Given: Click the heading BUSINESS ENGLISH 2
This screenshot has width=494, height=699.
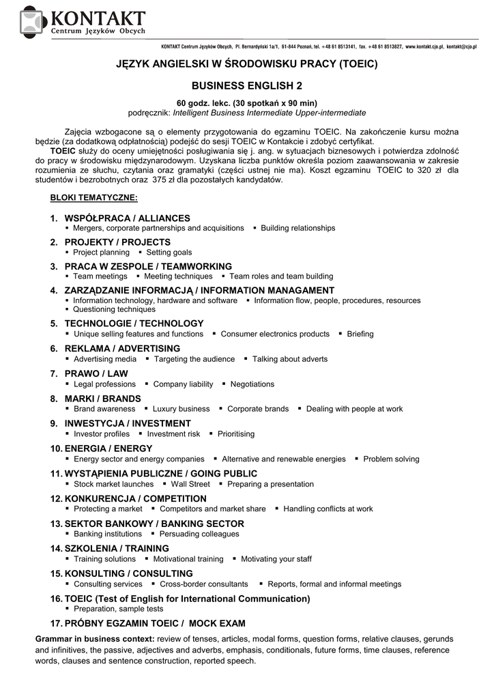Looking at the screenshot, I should pyautogui.click(x=246, y=86).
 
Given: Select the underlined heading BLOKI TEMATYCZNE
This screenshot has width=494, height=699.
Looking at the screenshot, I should pyautogui.click(x=94, y=197).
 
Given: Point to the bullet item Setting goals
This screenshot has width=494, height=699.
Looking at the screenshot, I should pyautogui.click(x=169, y=252).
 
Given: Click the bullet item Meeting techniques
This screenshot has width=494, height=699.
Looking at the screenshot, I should pyautogui.click(x=178, y=276).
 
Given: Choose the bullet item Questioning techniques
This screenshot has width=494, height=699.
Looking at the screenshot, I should pyautogui.click(x=115, y=309).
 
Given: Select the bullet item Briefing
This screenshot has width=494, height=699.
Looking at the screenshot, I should pyautogui.click(x=360, y=334).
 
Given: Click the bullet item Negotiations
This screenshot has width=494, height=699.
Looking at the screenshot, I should pyautogui.click(x=252, y=384).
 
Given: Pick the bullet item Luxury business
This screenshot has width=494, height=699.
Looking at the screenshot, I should pyautogui.click(x=181, y=409).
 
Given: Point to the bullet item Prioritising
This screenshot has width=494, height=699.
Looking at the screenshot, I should pyautogui.click(x=235, y=433).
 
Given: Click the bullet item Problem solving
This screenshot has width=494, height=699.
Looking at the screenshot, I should pyautogui.click(x=391, y=459).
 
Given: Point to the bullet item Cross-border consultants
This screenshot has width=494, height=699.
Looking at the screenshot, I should pyautogui.click(x=203, y=584).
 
